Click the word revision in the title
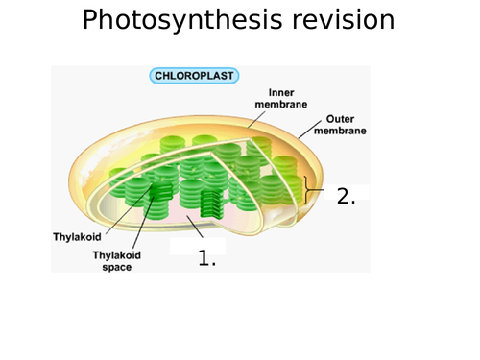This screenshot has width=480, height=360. (x=342, y=20)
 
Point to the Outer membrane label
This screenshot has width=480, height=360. (x=339, y=125)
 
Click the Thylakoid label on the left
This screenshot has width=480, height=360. (x=75, y=236)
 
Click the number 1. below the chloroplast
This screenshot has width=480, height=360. (x=206, y=257)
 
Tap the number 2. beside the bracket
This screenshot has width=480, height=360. (x=346, y=196)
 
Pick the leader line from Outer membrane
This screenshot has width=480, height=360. (x=306, y=132)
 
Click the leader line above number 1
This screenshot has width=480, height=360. (x=196, y=228)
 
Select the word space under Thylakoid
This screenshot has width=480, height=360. (x=117, y=267)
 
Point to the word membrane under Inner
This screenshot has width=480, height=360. (x=274, y=104)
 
